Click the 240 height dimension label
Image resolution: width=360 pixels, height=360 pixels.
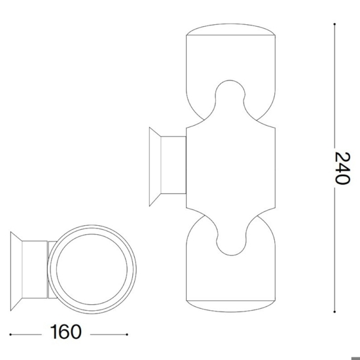point(342,168)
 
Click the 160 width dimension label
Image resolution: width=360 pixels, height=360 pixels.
point(65,332)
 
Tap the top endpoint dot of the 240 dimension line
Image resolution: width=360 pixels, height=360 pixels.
point(334,24)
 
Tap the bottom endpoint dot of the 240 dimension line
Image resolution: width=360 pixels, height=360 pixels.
point(334,312)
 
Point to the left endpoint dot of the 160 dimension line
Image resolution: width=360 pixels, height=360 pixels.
point(10,334)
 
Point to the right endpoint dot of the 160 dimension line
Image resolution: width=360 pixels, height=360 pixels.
point(127,334)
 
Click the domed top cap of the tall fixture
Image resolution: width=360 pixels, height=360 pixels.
point(230,29)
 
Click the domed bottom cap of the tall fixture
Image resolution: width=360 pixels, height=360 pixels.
point(230,306)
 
